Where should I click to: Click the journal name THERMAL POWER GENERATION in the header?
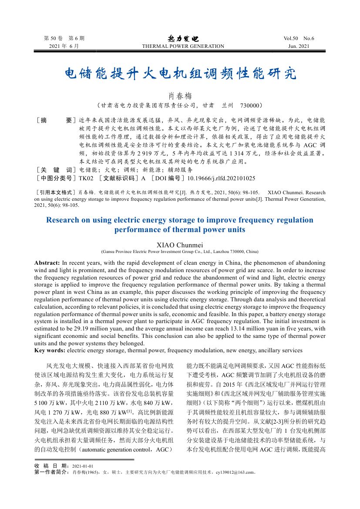click(x=183, y=46)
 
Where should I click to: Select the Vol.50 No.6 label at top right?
click(x=298, y=38)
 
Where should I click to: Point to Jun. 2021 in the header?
click(x=299, y=46)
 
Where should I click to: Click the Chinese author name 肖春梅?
click(x=180, y=95)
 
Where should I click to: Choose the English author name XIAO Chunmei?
click(x=180, y=245)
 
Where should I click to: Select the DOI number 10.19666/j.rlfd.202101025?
click(x=221, y=178)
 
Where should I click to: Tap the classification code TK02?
click(x=86, y=178)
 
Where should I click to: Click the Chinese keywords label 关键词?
click(x=56, y=170)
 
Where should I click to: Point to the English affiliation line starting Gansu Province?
click(x=180, y=252)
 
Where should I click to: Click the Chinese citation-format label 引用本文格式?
click(x=56, y=192)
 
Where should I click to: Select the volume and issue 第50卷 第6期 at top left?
click(x=64, y=38)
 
